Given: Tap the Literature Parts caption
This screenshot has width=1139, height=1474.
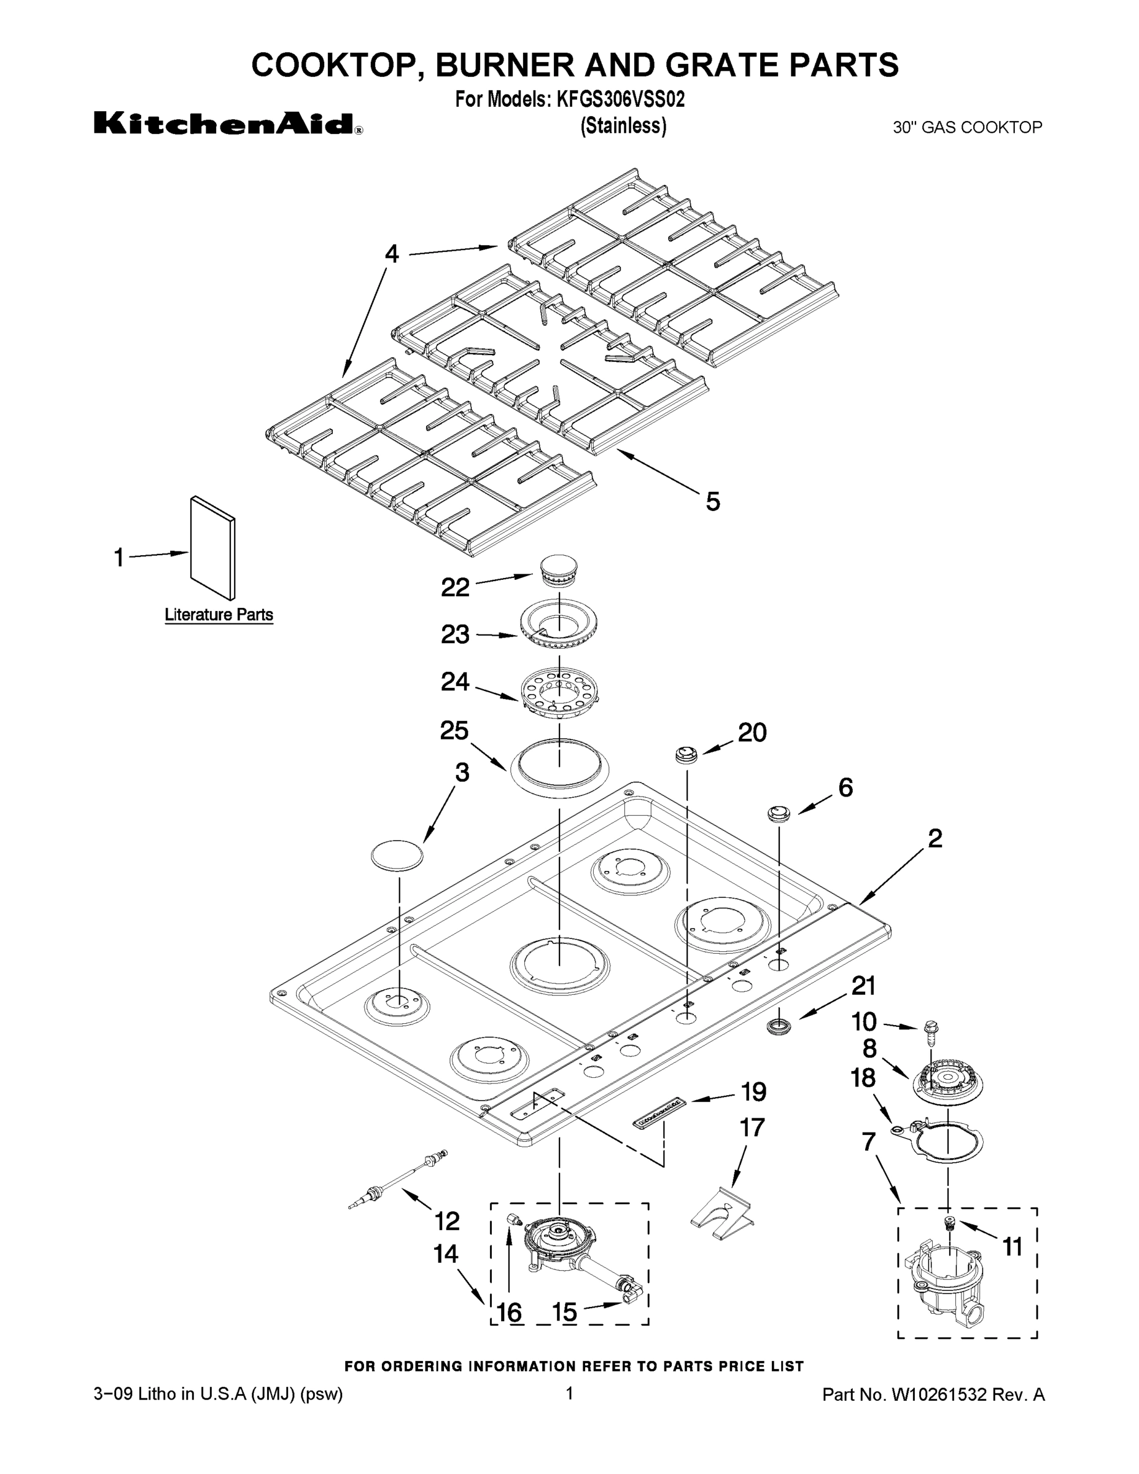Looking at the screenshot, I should (219, 615).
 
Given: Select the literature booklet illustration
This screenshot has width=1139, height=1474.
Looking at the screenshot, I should (213, 548).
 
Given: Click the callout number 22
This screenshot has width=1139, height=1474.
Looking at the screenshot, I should (456, 587).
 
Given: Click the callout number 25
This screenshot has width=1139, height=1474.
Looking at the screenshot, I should (454, 731).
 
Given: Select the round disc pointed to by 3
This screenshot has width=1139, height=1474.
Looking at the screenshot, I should (397, 856).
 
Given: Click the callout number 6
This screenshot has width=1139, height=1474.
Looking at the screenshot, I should (846, 787).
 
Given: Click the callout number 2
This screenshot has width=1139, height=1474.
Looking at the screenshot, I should (935, 838).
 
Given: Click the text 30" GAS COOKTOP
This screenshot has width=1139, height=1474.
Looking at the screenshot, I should (968, 127).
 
